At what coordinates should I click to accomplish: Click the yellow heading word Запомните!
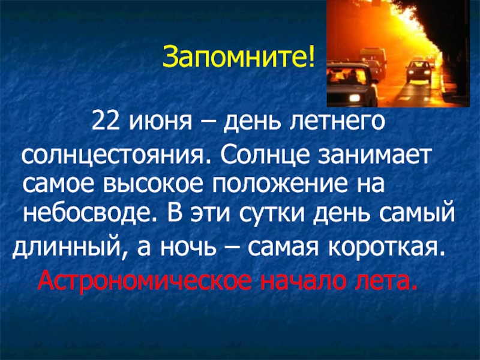238,57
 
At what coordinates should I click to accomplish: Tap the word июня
159,122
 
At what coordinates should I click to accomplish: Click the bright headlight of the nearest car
355,98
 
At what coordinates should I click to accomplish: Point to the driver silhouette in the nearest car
352,77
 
